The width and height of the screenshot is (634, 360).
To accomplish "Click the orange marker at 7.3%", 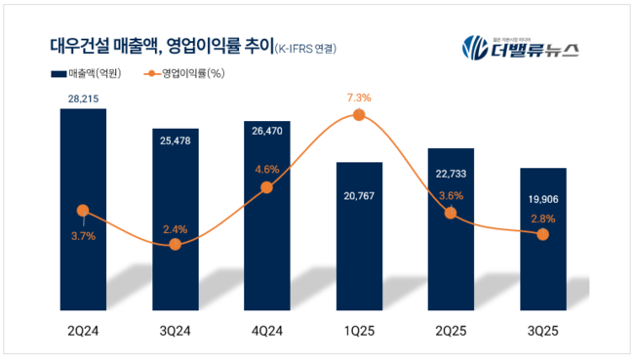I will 359,115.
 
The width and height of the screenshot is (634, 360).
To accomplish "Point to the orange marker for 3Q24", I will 175,244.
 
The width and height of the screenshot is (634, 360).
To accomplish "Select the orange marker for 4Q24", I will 267,187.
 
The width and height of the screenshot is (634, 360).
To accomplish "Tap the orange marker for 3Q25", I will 543,235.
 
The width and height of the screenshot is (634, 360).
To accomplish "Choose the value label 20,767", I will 359,197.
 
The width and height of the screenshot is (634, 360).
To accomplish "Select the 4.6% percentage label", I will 266,169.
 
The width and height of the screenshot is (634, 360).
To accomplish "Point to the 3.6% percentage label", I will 451,195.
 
